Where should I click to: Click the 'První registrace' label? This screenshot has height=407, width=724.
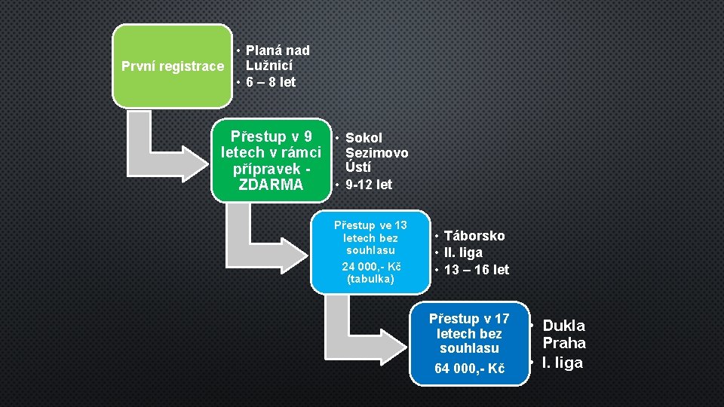coord(173,66)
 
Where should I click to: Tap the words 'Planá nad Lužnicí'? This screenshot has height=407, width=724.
coord(276,58)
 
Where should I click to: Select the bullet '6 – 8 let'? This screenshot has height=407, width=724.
coord(270,82)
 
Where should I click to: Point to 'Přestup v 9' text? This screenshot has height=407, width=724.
coord(271,137)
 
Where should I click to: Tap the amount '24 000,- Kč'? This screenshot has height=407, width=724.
coord(371,266)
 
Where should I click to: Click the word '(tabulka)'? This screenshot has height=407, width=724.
coord(370,280)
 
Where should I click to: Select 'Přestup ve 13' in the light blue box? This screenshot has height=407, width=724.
coord(370,225)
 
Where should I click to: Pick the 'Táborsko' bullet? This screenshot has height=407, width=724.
coord(474,236)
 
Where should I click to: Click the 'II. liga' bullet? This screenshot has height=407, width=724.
coord(463,252)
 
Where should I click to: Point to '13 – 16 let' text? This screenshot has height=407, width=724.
coord(476,270)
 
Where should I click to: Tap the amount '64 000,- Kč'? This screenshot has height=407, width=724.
coord(470,369)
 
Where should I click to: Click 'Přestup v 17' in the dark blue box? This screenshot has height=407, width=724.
coord(469,319)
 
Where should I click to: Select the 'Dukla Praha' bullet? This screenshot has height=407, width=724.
coord(563,334)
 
